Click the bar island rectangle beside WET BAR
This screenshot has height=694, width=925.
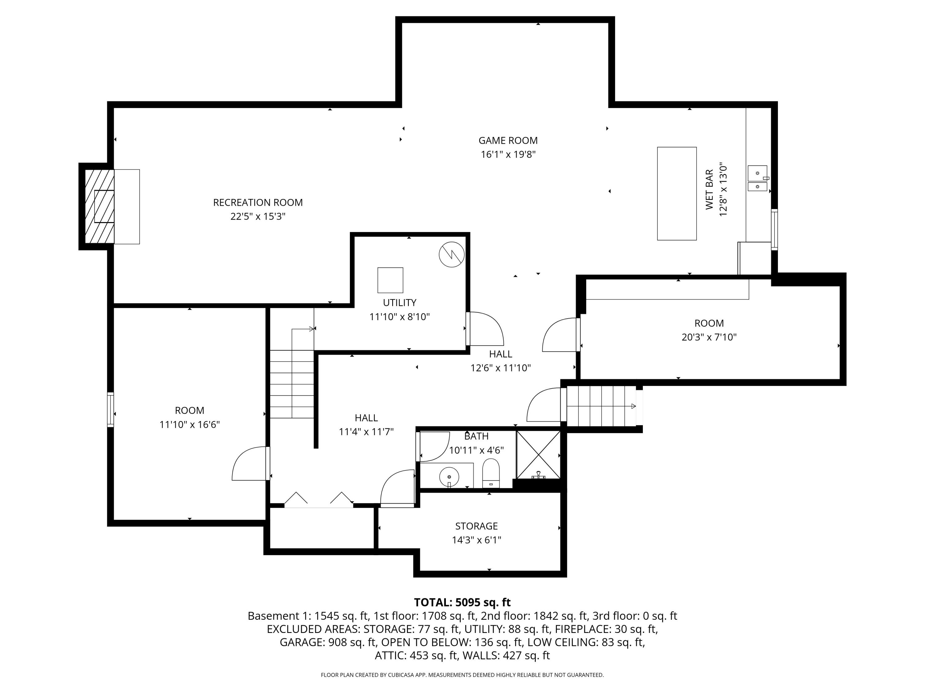[676, 193]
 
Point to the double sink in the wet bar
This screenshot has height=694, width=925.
[757, 179]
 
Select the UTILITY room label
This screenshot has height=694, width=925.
[399, 303]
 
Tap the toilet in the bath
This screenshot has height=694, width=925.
[491, 473]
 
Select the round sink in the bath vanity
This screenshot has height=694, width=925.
[449, 477]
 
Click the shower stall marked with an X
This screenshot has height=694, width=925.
[538, 454]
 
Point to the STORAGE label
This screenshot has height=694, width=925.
[476, 526]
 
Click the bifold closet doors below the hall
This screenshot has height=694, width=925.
[319, 500]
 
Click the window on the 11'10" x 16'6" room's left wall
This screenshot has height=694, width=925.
[110, 410]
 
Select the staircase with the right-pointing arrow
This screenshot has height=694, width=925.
[601, 406]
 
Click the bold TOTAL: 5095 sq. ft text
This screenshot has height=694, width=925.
[462, 602]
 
